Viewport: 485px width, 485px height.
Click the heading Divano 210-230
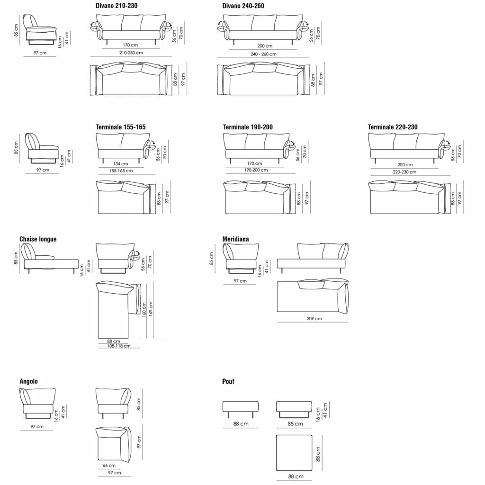117,6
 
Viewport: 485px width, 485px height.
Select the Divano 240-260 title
243,6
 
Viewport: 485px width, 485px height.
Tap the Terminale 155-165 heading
121,127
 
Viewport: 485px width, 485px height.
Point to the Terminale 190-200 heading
248,127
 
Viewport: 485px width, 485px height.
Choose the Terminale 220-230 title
393,127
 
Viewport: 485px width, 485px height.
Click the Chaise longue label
38,239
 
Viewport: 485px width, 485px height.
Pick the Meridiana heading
235,239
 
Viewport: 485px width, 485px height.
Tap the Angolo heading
28,381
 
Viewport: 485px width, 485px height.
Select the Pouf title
228,381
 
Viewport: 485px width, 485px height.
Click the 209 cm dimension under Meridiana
314,318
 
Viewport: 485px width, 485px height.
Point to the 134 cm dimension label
121,163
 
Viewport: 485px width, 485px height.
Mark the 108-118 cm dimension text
119,346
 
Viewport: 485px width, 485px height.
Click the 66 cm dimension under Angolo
109,465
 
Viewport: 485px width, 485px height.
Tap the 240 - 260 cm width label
263,54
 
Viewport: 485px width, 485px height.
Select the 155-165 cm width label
121,171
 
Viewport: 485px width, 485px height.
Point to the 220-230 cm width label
404,171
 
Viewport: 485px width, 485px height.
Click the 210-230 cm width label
131,53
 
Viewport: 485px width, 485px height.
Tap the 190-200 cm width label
256,170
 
